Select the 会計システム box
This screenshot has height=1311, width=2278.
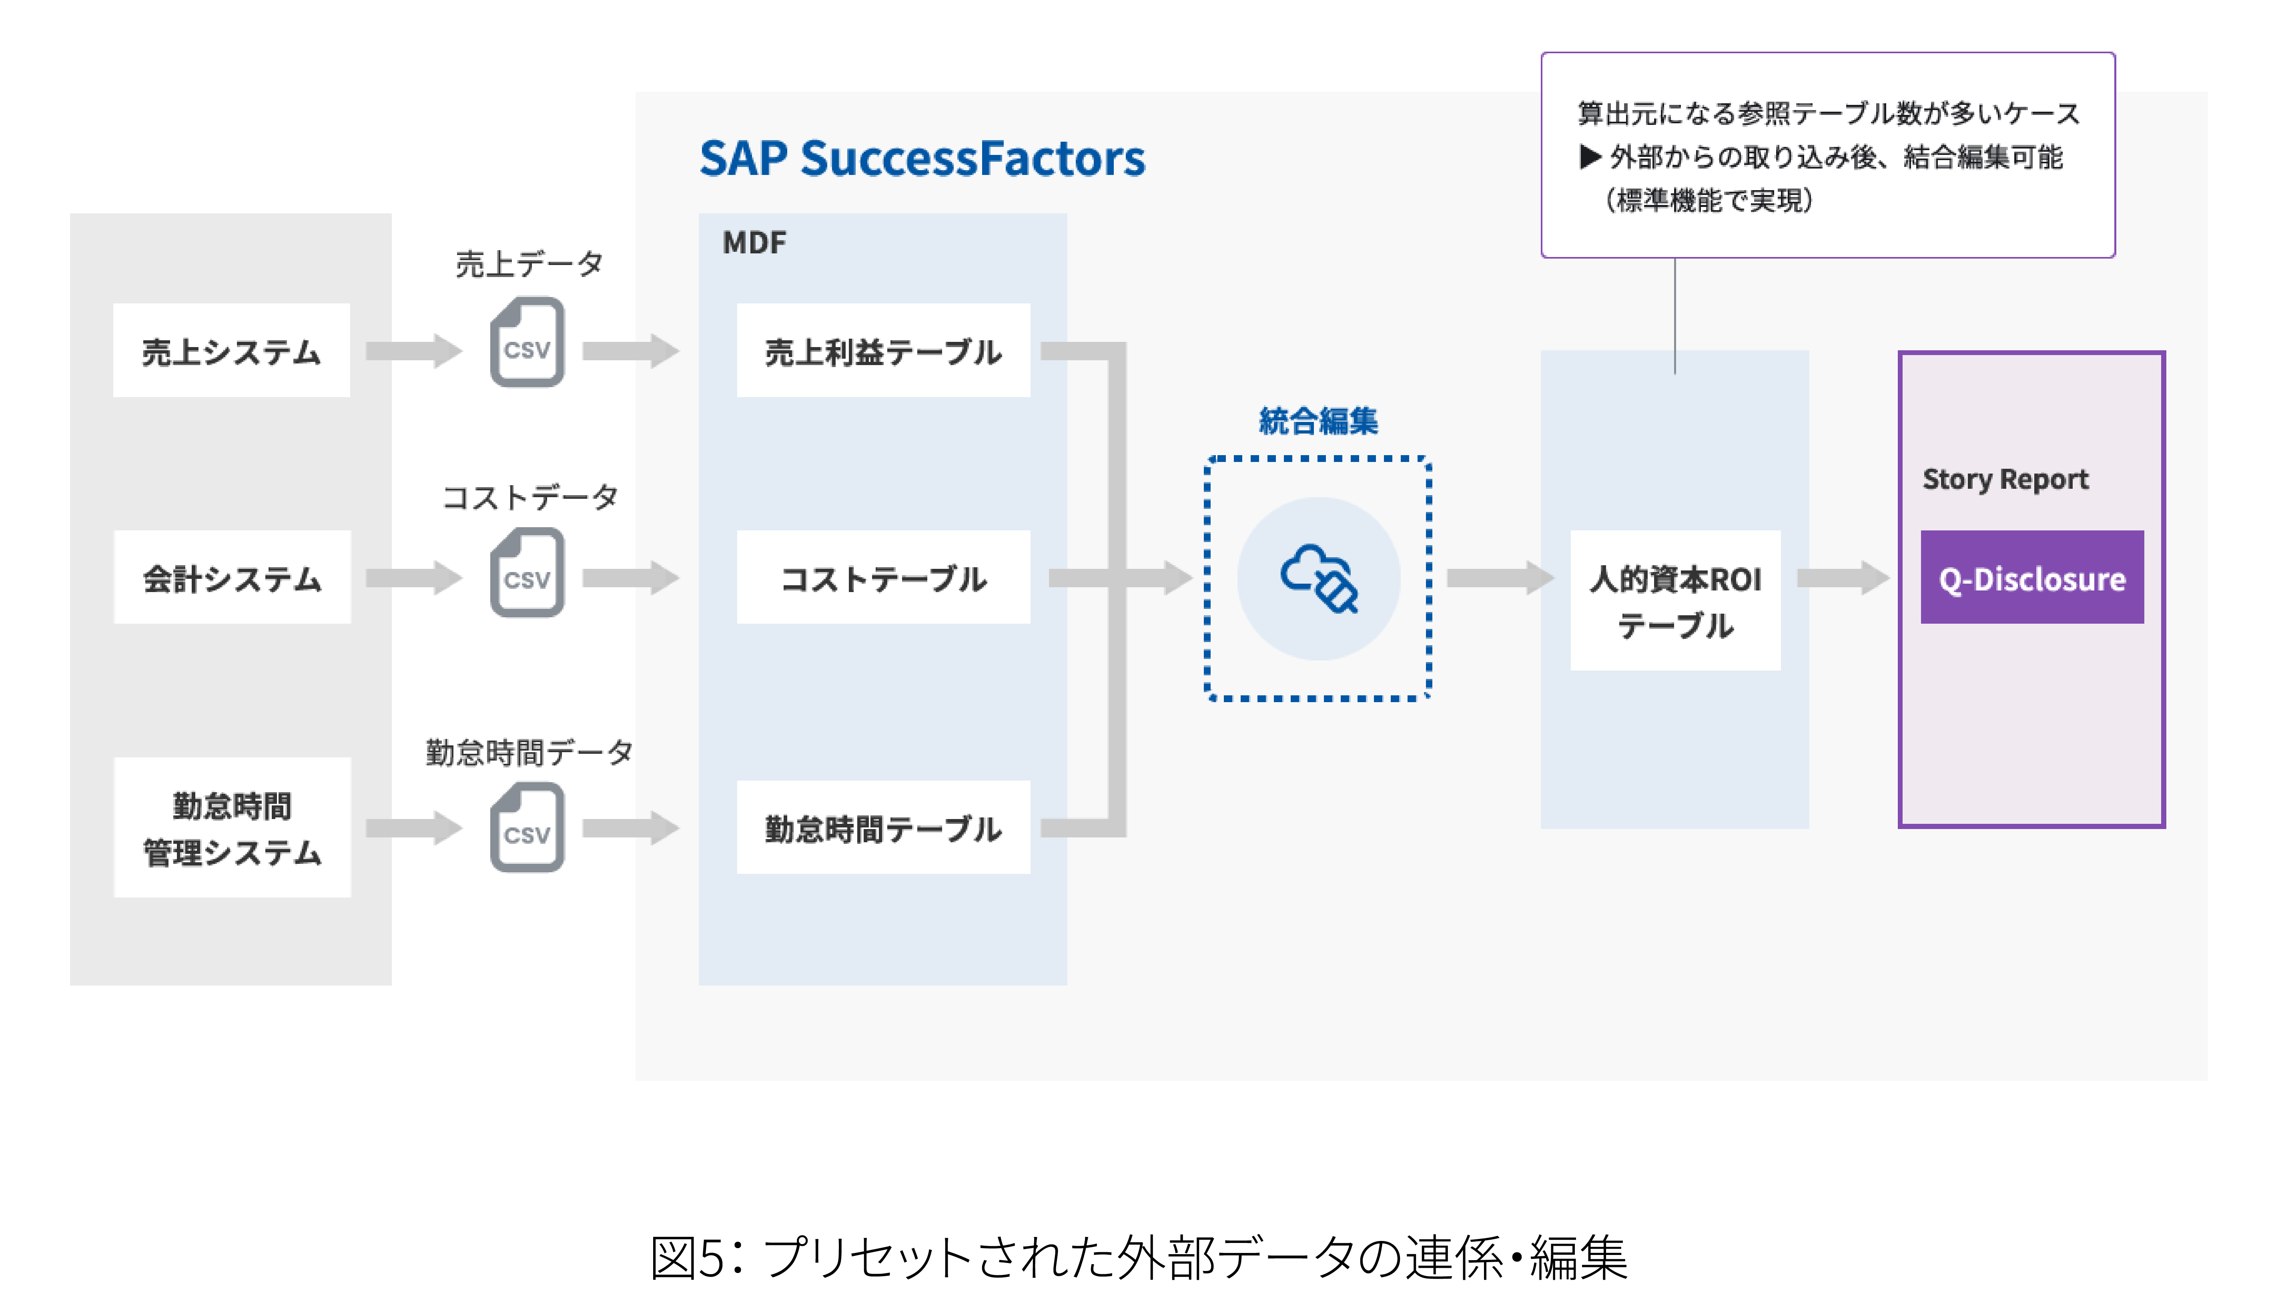[231, 577]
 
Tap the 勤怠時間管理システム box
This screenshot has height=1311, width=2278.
[231, 827]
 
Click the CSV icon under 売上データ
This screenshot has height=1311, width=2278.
[527, 343]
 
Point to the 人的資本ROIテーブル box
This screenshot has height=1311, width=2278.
[1675, 600]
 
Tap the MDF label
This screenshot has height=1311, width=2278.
[754, 242]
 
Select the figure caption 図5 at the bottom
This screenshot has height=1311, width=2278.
[1139, 1257]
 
